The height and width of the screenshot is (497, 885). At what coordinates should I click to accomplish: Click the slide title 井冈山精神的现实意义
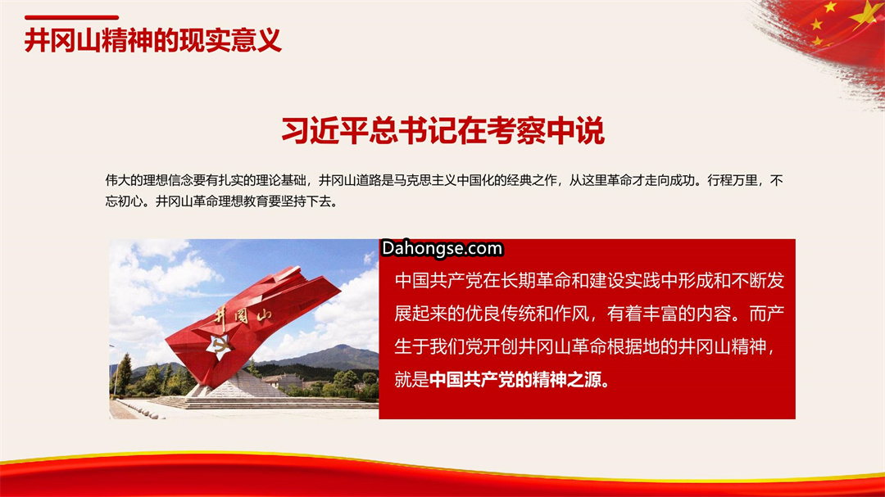(x=153, y=41)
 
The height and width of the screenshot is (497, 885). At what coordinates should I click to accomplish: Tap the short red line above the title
(x=71, y=17)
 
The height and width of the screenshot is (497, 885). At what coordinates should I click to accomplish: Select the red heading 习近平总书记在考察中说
(x=442, y=130)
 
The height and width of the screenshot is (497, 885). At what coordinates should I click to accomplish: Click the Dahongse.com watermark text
(x=442, y=249)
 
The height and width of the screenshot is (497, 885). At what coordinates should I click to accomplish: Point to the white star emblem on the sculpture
(x=219, y=346)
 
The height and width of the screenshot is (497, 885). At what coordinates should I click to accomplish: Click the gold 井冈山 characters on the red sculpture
(x=243, y=318)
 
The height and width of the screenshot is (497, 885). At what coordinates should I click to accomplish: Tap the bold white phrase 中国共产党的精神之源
(x=515, y=380)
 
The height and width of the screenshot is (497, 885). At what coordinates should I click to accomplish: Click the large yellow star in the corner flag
(x=866, y=14)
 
